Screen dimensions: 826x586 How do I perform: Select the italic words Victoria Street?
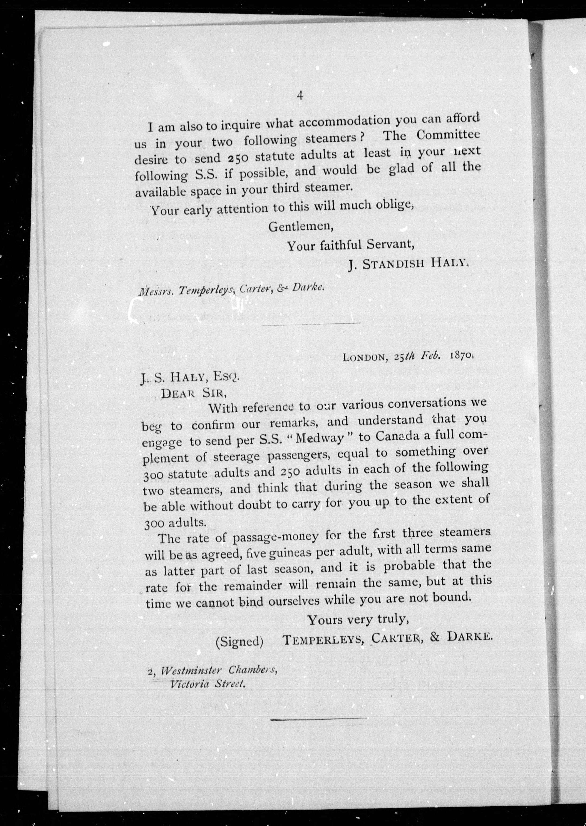(208, 684)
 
